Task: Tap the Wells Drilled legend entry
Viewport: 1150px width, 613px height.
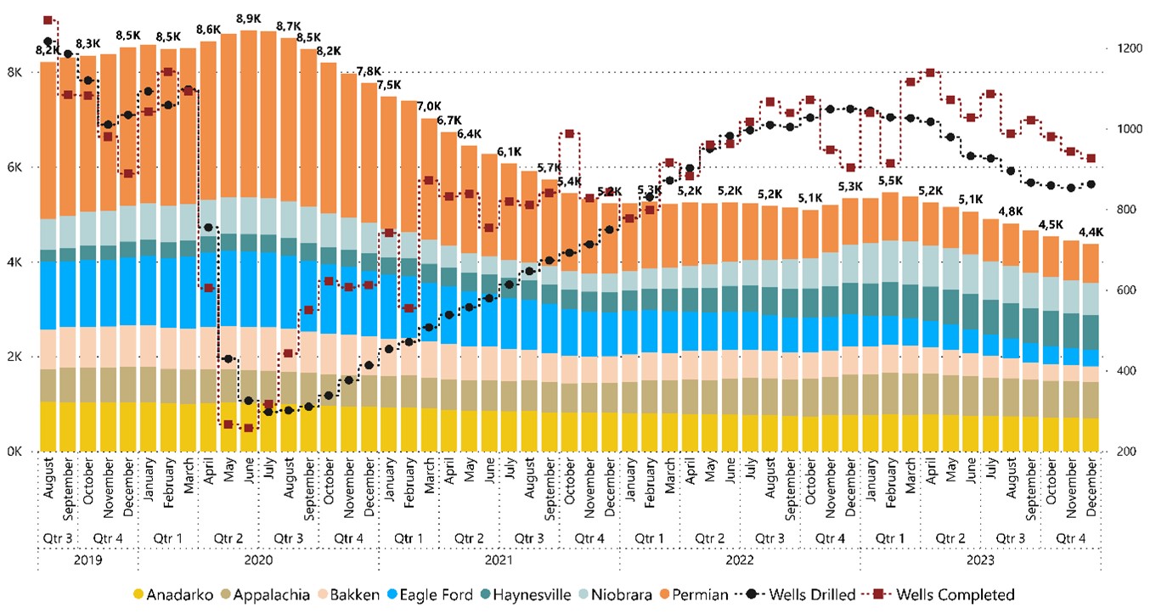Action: [803, 594]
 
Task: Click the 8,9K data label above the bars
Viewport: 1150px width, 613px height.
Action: [248, 19]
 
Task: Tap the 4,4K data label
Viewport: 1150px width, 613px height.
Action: [1090, 231]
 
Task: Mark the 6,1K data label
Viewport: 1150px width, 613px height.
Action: [509, 151]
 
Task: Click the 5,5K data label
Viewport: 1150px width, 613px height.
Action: [889, 181]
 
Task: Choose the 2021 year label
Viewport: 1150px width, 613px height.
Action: [499, 560]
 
